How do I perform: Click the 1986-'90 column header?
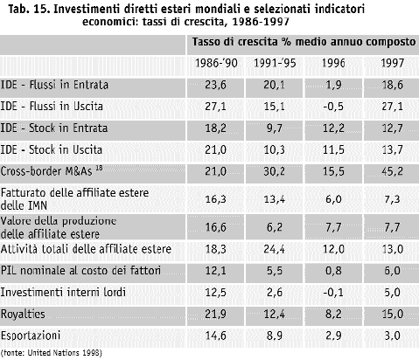pos(216,63)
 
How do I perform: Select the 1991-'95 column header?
pos(275,63)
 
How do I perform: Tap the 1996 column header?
pos(333,63)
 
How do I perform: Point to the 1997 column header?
pos(393,63)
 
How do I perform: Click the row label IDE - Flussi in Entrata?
pos(54,85)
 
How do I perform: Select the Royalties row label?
pos(23,315)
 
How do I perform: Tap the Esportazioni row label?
pos(31,336)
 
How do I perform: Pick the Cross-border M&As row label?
pos(46,171)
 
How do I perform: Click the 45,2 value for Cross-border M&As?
pos(393,171)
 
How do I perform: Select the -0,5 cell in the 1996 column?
pos(333,107)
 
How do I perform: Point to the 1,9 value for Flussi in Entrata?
pos(333,85)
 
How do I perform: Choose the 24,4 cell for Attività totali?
pos(275,249)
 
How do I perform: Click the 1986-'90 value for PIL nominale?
pos(216,271)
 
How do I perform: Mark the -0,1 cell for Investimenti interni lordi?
pos(333,292)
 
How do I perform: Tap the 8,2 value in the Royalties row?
pos(333,315)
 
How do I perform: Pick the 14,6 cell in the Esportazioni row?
pos(216,336)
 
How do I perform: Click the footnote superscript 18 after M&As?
pos(99,168)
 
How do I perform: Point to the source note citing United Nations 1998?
pos(52,353)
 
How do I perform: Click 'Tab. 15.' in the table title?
pos(29,10)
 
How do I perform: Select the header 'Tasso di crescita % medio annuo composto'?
pos(304,42)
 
